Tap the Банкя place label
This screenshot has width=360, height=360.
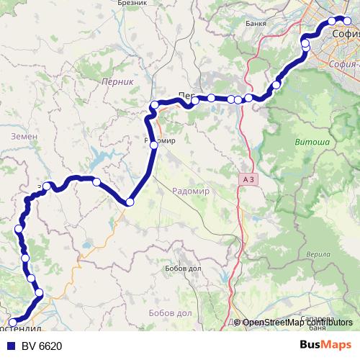click(256, 23)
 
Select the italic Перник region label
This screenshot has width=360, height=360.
click(118, 82)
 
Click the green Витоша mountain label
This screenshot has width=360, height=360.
click(312, 143)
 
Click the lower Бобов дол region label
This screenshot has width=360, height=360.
click(170, 314)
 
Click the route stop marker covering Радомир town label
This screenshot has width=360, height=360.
click(153, 145)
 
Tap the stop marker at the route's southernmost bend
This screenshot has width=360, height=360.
click(130, 202)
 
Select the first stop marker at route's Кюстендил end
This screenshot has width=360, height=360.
click(12, 323)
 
